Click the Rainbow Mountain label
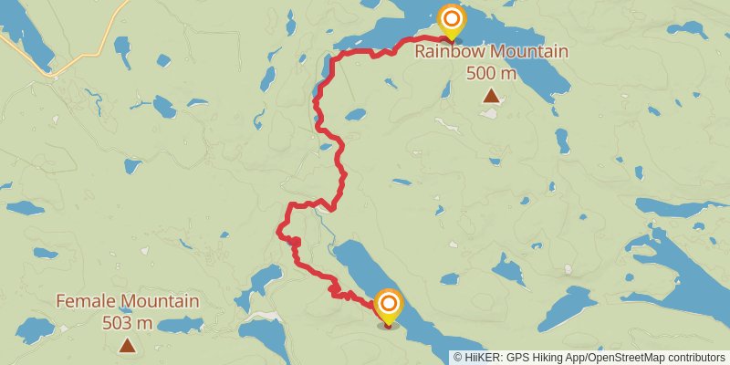tap(491, 52)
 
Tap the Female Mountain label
tap(128, 301)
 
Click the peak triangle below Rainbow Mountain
tap(491, 96)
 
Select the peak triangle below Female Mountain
tap(128, 345)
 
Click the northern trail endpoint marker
tap(451, 20)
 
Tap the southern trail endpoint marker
tap(389, 305)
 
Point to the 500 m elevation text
tap(491, 72)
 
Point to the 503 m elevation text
tap(128, 322)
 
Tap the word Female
tap(84, 301)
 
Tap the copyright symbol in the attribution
tap(458, 358)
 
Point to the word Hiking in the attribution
tap(549, 358)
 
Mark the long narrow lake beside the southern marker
tap(365, 269)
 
